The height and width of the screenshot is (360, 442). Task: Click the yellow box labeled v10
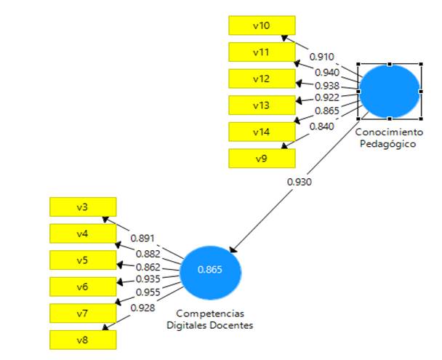click(x=261, y=25)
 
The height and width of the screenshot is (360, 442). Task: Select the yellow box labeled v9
click(x=261, y=157)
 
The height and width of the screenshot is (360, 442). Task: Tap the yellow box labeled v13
click(x=261, y=105)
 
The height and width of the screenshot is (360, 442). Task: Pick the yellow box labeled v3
click(x=82, y=207)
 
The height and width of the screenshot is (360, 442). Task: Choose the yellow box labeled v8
click(x=82, y=339)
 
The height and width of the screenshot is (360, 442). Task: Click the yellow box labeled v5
click(x=82, y=260)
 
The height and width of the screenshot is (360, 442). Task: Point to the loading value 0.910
click(x=321, y=56)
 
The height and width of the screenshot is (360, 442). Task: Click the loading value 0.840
click(x=321, y=127)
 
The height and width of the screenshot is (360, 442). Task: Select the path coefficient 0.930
click(x=300, y=181)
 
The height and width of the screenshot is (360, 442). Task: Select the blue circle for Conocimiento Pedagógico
click(x=390, y=91)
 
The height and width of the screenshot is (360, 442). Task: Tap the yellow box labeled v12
click(x=261, y=79)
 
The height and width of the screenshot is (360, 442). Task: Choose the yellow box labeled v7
click(x=82, y=313)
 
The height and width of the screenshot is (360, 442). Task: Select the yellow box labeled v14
click(x=261, y=131)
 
